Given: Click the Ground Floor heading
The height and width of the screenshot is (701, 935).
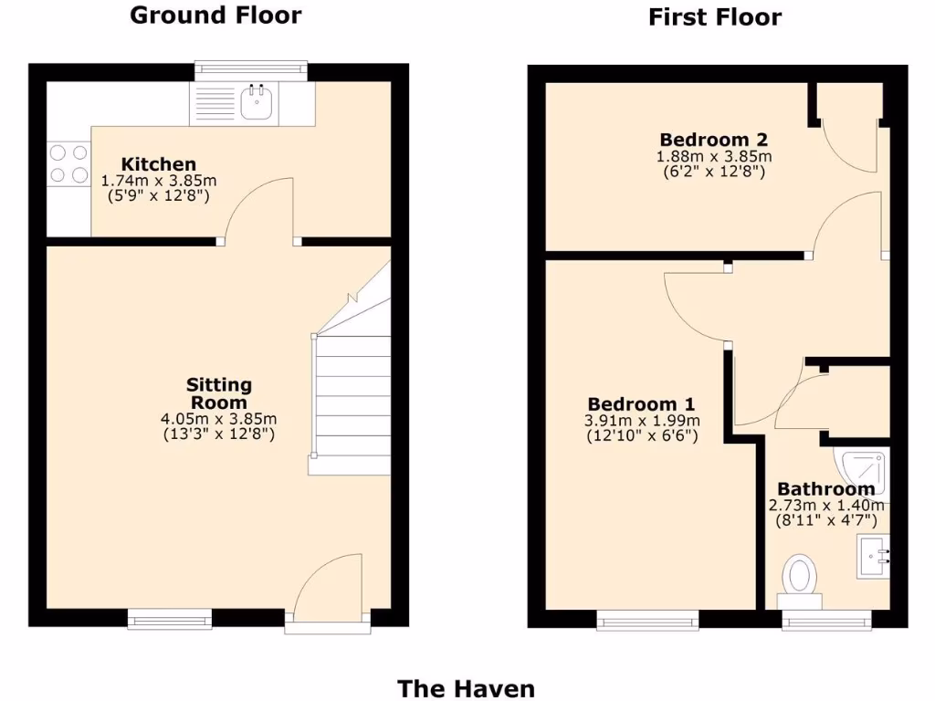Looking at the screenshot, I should point(215,15).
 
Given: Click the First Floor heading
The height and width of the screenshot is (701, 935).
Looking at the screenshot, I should point(715,16).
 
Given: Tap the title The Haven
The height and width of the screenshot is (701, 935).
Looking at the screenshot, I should point(466,688).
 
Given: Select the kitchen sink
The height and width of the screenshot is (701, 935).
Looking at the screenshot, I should point(257,103).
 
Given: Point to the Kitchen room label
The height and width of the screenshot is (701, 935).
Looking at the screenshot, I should point(159,164).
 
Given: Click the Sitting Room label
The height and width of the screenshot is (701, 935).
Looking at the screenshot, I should point(219,393).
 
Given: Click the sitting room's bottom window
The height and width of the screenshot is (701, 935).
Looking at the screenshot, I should point(169,621).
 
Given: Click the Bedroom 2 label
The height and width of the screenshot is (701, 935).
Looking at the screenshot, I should point(713,140).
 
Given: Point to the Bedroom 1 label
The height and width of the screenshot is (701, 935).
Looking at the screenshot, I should point(641,403).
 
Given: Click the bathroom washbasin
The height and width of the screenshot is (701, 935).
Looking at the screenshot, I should point(872,558).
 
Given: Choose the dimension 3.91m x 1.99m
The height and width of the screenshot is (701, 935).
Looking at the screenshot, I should point(642,421).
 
